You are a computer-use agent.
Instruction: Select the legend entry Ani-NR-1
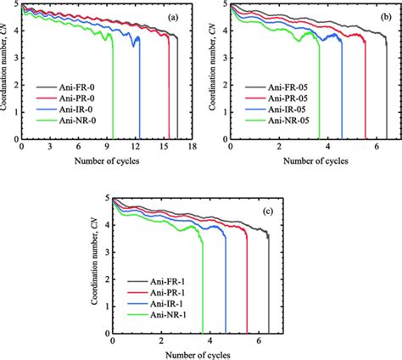coord(166,315)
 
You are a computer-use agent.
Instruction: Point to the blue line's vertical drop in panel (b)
coord(342,93)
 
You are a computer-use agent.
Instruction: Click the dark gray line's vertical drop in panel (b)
coord(387,93)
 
